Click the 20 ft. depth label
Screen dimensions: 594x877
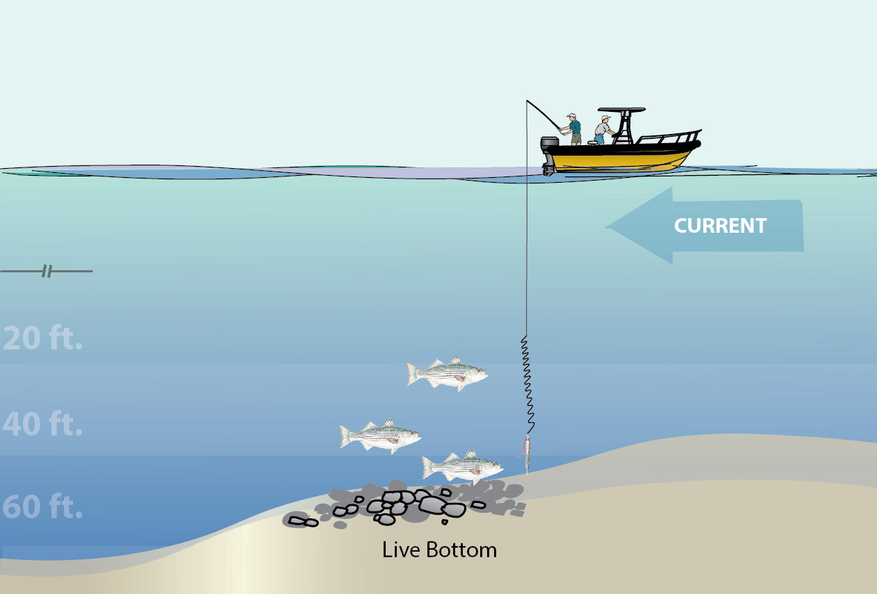tap(43, 338)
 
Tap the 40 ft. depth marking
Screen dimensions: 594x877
tap(43, 424)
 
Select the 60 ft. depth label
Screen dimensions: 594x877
tap(43, 508)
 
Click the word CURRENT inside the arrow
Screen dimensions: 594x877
tap(720, 226)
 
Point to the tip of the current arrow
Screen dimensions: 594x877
tap(609, 226)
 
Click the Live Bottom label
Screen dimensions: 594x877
tap(439, 550)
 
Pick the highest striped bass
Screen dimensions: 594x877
tap(446, 374)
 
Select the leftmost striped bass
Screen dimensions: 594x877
tap(379, 436)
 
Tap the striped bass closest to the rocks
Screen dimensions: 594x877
tap(461, 467)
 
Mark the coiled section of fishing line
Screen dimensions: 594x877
tap(527, 382)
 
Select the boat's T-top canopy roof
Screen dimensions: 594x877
tap(621, 110)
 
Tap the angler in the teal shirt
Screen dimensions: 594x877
tap(574, 131)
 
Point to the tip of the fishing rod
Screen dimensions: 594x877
tap(527, 101)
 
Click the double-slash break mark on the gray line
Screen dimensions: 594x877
tap(47, 271)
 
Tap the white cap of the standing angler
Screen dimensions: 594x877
tap(571, 115)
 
